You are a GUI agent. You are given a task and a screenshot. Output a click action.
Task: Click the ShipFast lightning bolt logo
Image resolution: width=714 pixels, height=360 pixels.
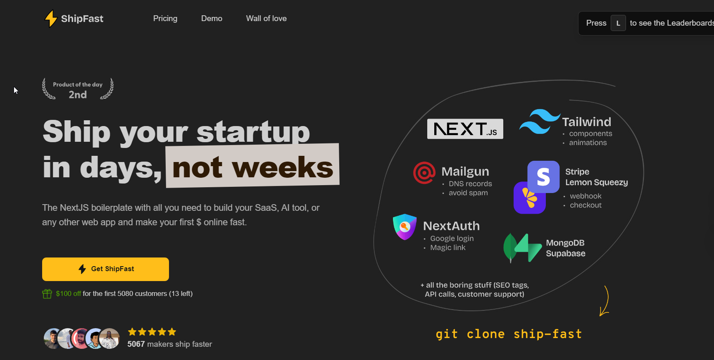[51, 19]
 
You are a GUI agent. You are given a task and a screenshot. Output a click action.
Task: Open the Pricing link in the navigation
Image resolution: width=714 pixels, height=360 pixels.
[165, 19]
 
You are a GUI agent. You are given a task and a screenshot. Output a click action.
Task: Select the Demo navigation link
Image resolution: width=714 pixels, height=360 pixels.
[212, 19]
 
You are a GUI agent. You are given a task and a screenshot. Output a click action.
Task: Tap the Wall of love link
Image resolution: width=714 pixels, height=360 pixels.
[266, 19]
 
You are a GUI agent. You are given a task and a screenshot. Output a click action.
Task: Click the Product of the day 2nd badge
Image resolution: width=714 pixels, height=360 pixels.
[78, 89]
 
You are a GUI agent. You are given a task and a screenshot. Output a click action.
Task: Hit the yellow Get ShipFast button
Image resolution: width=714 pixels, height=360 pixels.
[105, 269]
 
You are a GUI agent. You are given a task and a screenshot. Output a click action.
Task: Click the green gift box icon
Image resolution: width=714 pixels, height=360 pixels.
[47, 293]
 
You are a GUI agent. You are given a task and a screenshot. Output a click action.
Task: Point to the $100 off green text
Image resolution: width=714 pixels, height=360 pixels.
[68, 293]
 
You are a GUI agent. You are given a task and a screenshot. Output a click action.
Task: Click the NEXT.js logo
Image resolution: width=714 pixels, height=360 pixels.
[465, 129]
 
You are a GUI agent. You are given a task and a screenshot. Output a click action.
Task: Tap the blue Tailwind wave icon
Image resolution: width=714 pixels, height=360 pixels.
[539, 122]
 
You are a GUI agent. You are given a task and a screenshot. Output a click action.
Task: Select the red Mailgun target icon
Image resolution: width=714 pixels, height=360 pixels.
[424, 173]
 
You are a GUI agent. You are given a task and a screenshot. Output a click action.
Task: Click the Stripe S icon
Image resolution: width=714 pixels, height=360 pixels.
[543, 177]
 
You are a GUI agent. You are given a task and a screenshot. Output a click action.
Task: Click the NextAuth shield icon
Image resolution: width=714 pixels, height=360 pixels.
[405, 227]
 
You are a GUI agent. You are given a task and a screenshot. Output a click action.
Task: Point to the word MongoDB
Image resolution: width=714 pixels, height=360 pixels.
[565, 243]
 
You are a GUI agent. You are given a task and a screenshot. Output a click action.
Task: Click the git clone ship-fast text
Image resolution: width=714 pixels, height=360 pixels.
[509, 334]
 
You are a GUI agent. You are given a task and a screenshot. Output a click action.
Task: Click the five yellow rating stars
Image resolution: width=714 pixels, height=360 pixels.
[152, 332]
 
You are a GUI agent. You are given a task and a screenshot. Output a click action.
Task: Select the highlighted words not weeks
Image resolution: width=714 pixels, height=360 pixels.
[252, 167]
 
